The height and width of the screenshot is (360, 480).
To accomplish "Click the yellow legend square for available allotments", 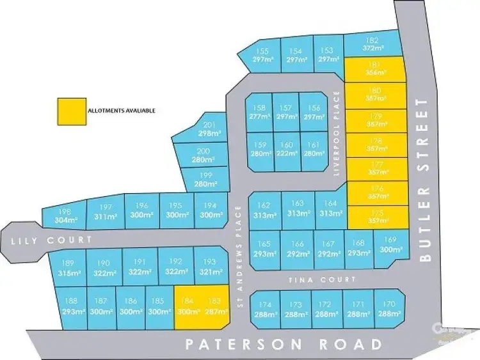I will click(70, 111).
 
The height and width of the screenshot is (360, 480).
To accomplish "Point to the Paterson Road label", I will click(284, 344).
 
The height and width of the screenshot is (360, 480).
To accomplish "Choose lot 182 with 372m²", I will click(372, 43).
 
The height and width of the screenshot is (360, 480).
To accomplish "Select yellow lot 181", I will click(376, 68).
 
